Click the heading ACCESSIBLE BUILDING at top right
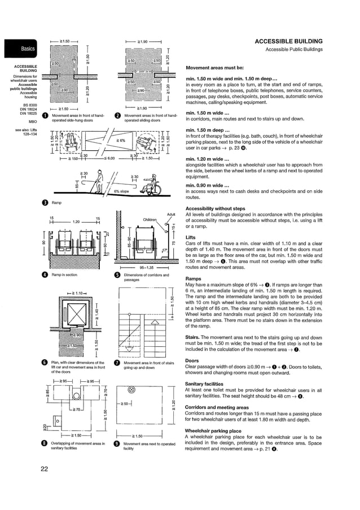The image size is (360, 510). tap(288, 42)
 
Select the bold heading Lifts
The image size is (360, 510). tap(192, 238)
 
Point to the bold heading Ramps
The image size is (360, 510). tap(194, 278)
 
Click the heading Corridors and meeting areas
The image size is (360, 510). tap(217, 407)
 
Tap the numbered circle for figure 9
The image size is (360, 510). tap(117, 444)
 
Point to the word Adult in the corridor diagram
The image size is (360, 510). tap(172, 214)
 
